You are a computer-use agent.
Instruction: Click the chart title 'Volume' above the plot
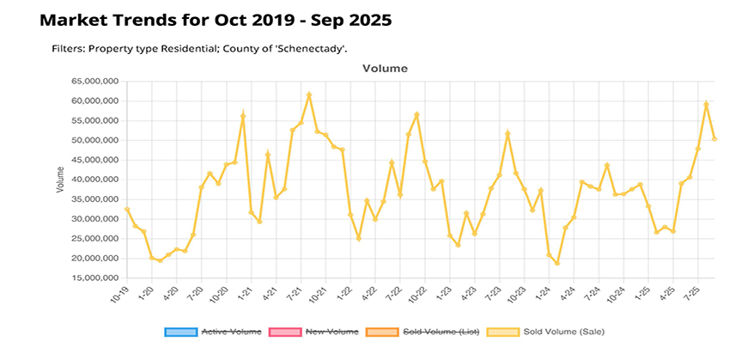[x=385, y=68]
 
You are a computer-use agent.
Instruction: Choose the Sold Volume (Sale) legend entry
[x=536, y=331]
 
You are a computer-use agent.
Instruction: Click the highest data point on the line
[x=309, y=95]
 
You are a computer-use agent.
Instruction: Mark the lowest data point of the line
[x=557, y=263]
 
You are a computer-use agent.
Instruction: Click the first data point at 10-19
[x=127, y=209]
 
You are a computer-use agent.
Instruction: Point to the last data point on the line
[x=714, y=139]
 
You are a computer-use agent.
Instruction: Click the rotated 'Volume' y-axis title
[x=59, y=180]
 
